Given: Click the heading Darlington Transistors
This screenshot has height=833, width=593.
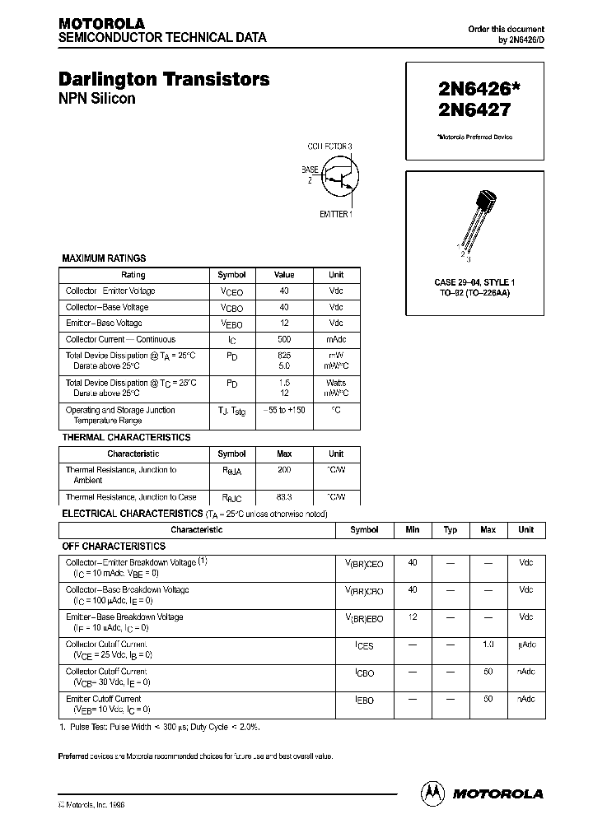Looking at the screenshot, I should pyautogui.click(x=164, y=80).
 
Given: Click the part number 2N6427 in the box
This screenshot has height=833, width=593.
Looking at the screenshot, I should pyautogui.click(x=467, y=109).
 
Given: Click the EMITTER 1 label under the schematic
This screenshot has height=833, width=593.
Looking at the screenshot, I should pyautogui.click(x=335, y=214).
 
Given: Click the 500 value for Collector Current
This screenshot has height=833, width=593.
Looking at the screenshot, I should pyautogui.click(x=284, y=339).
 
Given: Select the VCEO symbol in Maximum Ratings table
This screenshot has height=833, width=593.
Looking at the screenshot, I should pyautogui.click(x=231, y=291).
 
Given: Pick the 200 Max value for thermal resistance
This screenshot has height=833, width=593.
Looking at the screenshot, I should pyautogui.click(x=284, y=470).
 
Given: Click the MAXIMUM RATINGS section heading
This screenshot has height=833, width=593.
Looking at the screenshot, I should pyautogui.click(x=104, y=258).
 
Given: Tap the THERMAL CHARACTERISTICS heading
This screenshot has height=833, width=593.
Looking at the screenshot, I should pyautogui.click(x=126, y=437).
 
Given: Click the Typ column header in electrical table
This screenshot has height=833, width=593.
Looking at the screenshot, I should pyautogui.click(x=451, y=530).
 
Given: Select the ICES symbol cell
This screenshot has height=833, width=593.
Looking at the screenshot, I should pyautogui.click(x=364, y=646).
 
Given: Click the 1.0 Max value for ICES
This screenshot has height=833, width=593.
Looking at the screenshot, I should pyautogui.click(x=488, y=645).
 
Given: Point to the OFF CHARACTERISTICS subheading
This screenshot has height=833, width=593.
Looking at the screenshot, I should pyautogui.click(x=114, y=546).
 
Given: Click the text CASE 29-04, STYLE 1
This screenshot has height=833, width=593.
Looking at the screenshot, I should pyautogui.click(x=474, y=282).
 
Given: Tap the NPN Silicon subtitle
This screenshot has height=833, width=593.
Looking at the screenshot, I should pyautogui.click(x=96, y=99).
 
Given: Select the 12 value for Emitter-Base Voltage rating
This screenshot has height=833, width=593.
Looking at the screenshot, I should pyautogui.click(x=284, y=323).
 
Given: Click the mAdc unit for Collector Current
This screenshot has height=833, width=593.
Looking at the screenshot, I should pyautogui.click(x=336, y=339).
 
